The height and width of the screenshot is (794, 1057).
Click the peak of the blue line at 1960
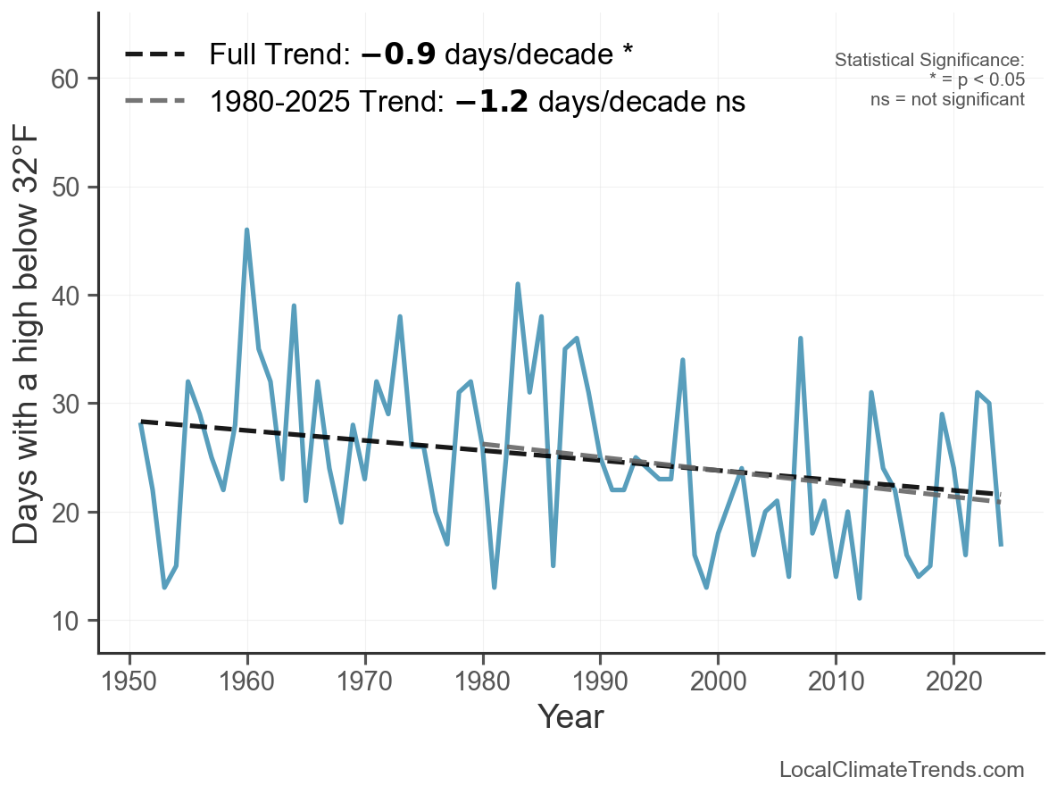(x=246, y=230)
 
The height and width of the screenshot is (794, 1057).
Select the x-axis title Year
(x=570, y=717)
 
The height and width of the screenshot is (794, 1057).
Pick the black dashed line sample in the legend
(x=154, y=54)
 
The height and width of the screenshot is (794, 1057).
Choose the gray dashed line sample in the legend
(x=154, y=101)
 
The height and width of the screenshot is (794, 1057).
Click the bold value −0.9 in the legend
(x=398, y=54)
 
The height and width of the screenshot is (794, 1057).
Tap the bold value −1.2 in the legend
(x=492, y=101)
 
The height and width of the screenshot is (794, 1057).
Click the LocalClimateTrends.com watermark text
(x=902, y=770)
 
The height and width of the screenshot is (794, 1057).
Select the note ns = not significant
(x=947, y=99)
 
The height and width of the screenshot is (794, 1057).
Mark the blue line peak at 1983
(x=518, y=284)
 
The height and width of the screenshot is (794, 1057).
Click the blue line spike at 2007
(x=801, y=338)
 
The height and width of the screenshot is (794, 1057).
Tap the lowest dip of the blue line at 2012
(x=859, y=598)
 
